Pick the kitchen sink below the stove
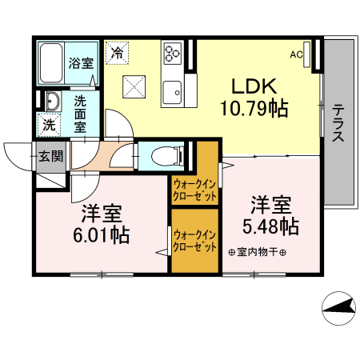(x=173, y=94)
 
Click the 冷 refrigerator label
(x=118, y=54)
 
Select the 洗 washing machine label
(x=49, y=125)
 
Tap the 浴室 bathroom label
(x=81, y=63)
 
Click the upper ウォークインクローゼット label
(x=195, y=190)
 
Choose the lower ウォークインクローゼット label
(x=195, y=240)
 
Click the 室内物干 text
(x=257, y=253)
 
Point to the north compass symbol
(x=338, y=308)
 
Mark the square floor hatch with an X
(x=134, y=85)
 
